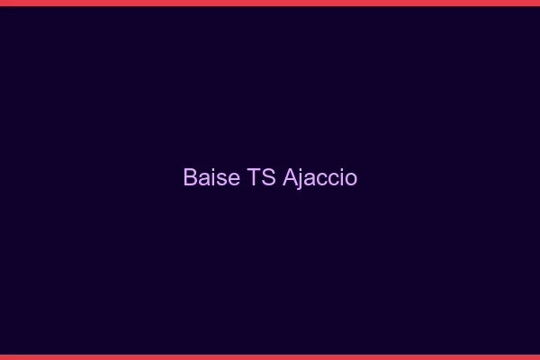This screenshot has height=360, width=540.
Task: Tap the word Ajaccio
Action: [320, 177]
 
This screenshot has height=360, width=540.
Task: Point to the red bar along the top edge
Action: [270, 3]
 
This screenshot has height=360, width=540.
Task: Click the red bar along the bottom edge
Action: [270, 356]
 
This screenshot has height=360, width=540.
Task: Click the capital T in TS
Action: [252, 177]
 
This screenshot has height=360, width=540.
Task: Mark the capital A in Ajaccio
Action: [290, 177]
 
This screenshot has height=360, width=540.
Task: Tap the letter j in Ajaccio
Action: [301, 179]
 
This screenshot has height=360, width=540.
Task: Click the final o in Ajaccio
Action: [350, 179]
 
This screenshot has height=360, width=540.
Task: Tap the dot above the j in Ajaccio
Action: [301, 169]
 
